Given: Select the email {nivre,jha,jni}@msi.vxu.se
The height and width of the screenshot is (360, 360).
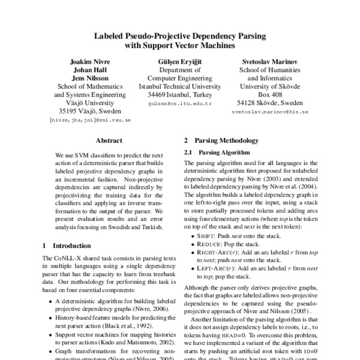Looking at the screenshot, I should tap(89, 121).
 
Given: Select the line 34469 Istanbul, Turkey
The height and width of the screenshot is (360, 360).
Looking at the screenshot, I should tap(180, 94).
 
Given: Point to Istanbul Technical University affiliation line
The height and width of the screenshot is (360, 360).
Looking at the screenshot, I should tap(180, 86).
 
